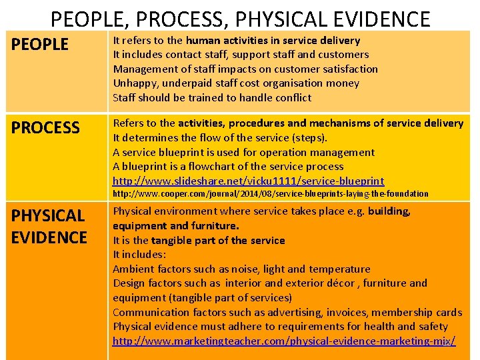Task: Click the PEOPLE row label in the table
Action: tap(40, 45)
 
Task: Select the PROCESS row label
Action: tap(45, 127)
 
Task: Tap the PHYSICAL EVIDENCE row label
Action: tap(49, 226)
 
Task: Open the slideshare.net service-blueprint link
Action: tap(248, 181)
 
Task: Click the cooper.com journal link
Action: tap(270, 194)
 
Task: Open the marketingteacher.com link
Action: tap(284, 341)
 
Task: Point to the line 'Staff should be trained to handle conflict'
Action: tap(212, 98)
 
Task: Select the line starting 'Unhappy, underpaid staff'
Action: tap(236, 83)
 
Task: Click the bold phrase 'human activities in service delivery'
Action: tap(273, 41)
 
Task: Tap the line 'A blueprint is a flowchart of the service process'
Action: tap(228, 167)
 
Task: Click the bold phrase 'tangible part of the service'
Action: tap(218, 241)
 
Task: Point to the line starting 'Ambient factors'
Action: tap(241, 269)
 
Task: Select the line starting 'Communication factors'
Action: tap(287, 313)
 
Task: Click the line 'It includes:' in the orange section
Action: tap(139, 255)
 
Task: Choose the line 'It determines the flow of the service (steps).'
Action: tap(220, 138)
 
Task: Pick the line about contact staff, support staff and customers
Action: tap(241, 55)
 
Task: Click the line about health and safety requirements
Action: tap(280, 327)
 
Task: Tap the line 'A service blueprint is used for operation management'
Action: tap(243, 153)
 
